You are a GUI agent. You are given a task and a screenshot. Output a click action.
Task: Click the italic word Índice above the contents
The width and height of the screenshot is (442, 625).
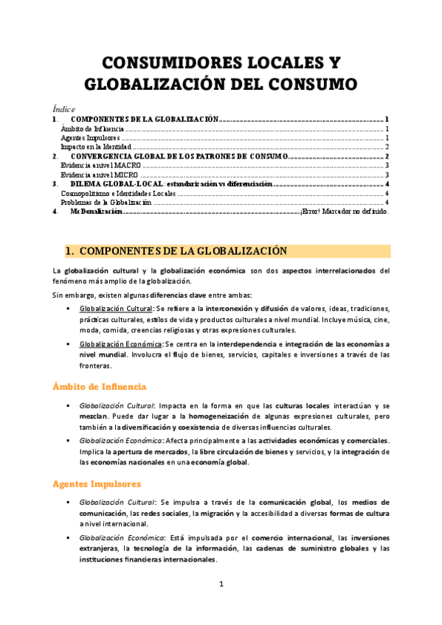[63, 108]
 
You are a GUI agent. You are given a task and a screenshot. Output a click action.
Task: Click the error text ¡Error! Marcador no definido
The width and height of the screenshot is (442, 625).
[345, 212]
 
